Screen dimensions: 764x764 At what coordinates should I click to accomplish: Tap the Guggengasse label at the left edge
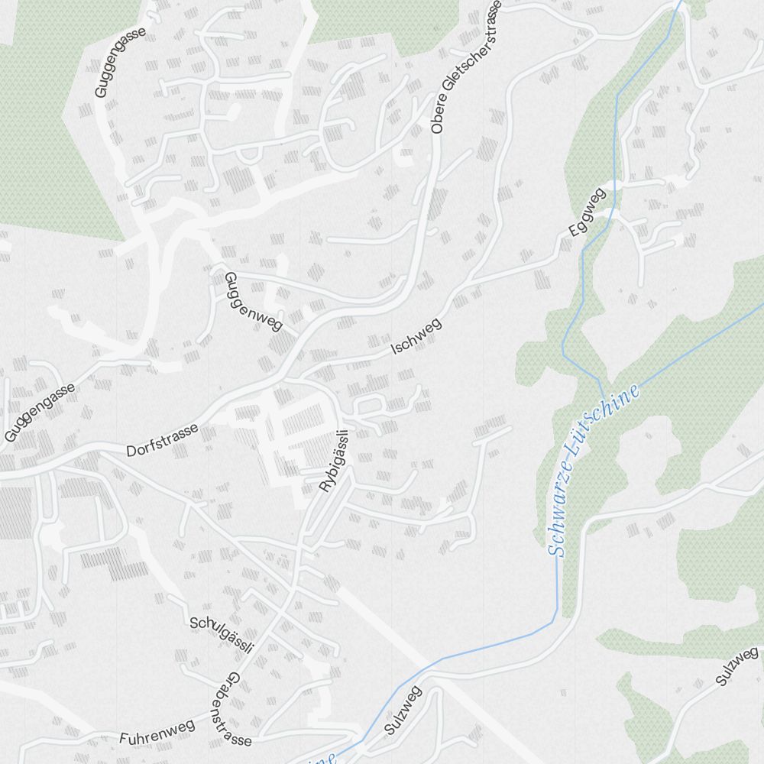(x=39, y=413)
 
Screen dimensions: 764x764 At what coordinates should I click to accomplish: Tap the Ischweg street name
(x=416, y=337)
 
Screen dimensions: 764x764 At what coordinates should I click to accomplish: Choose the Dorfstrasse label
(x=163, y=440)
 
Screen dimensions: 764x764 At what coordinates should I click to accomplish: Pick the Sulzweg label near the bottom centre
(x=403, y=711)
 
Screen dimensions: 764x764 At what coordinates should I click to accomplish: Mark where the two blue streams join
(x=600, y=380)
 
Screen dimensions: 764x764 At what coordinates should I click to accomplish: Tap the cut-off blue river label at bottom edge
(x=321, y=759)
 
